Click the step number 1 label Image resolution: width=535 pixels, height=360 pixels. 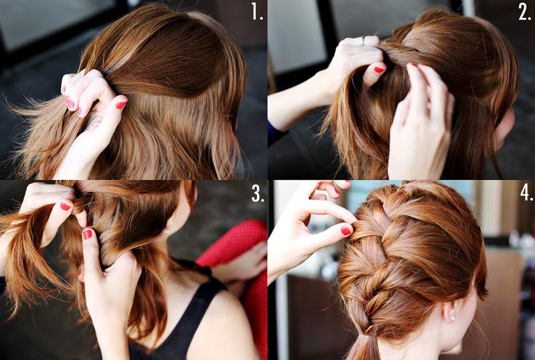pyautogui.click(x=257, y=11)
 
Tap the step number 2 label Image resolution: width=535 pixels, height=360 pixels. pyautogui.click(x=524, y=12)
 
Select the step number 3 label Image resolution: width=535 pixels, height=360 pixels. pyautogui.click(x=258, y=193)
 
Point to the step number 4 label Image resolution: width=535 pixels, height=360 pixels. pyautogui.click(x=526, y=193)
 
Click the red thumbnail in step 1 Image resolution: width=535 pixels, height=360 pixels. pyautogui.click(x=122, y=104)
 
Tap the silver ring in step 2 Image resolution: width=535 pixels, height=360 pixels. pyautogui.click(x=362, y=41)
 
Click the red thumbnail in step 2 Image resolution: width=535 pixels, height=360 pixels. pyautogui.click(x=379, y=70)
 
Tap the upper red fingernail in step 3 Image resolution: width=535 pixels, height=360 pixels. pyautogui.click(x=66, y=206)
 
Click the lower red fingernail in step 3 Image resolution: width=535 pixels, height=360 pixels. pyautogui.click(x=88, y=234)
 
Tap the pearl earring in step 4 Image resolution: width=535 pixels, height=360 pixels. pyautogui.click(x=453, y=319)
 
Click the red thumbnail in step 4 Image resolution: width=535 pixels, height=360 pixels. pyautogui.click(x=346, y=230)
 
